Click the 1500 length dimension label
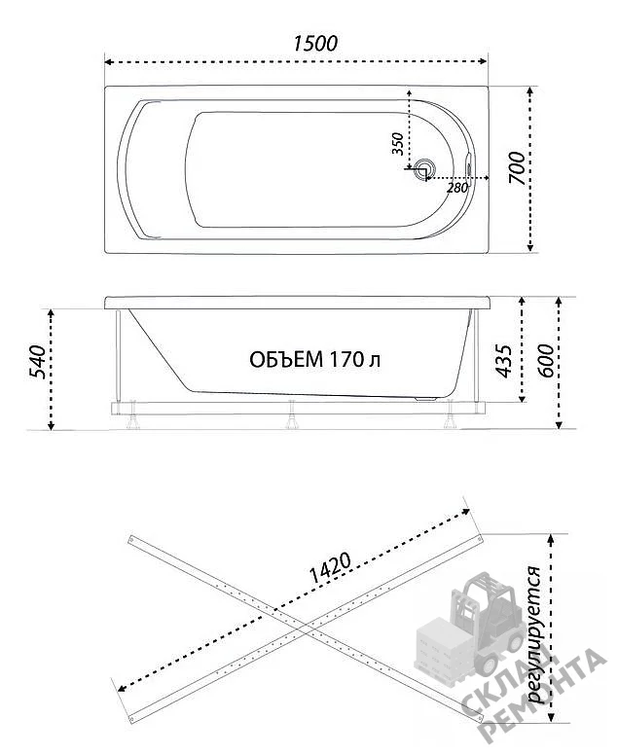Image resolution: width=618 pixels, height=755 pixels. coord(315,44)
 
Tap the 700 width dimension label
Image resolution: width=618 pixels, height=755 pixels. coord(517,167)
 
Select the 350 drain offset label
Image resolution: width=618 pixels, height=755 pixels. coord(397,143)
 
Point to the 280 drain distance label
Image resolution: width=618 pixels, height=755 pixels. coord(457,188)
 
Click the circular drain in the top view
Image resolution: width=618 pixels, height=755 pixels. coord(424,169)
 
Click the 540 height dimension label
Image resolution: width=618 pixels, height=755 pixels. coord(37,362)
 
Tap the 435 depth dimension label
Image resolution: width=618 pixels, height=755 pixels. coord(503,361)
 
